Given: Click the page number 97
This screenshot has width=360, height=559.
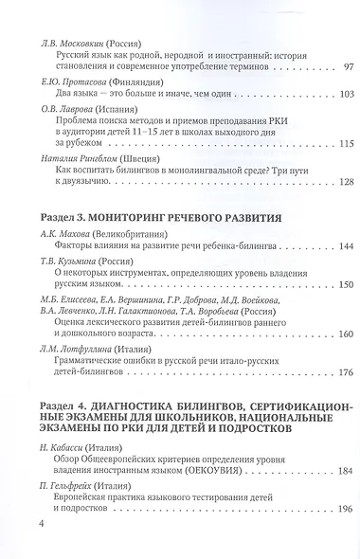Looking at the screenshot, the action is click(321, 68).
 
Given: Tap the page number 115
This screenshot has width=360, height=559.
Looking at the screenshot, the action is click(318, 143).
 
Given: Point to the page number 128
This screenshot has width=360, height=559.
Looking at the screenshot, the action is click(318, 181).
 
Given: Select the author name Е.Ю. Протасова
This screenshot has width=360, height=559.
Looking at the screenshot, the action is click(67, 81).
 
